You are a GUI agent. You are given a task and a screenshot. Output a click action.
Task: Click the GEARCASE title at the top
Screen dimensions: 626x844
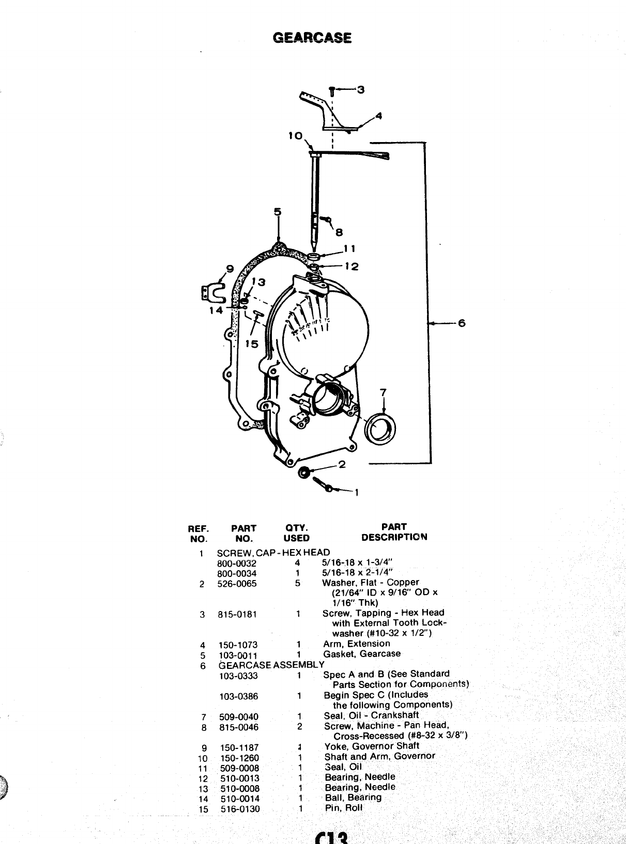click(x=312, y=38)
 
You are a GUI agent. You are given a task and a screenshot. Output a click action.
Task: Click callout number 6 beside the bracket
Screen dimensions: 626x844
click(x=461, y=323)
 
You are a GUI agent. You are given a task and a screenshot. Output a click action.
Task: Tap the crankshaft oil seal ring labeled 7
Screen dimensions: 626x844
click(x=381, y=427)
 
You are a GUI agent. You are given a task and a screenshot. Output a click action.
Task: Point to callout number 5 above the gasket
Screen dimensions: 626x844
click(x=278, y=212)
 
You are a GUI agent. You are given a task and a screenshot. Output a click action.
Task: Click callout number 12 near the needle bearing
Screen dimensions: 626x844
click(x=352, y=267)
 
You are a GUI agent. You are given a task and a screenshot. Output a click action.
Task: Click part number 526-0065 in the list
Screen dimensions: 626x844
click(x=237, y=584)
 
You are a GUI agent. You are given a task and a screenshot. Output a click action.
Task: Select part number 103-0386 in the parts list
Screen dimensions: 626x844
click(x=238, y=696)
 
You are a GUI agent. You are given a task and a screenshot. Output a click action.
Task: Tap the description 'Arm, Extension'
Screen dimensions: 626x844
click(x=356, y=644)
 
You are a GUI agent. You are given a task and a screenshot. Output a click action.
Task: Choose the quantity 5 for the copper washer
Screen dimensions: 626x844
click(x=297, y=584)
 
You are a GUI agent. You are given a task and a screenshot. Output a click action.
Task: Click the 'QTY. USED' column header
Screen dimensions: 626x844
click(x=296, y=533)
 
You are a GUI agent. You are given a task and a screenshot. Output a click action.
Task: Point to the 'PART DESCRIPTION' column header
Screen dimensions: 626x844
click(x=394, y=532)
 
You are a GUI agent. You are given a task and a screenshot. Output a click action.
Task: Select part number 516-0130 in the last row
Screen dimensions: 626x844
click(x=240, y=809)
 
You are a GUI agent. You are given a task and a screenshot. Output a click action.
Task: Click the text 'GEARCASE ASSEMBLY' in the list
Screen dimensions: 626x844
click(x=271, y=665)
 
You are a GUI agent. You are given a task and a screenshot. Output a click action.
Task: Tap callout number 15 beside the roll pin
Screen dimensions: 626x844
click(x=251, y=344)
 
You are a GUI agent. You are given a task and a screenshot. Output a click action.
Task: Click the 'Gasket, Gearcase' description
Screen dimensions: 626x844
click(x=361, y=654)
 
